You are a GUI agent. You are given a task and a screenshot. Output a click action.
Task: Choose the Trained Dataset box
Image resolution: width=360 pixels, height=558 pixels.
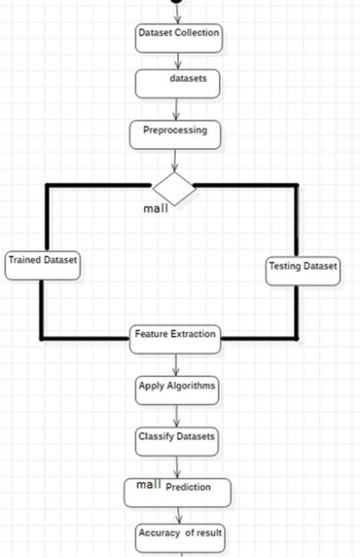(42, 264)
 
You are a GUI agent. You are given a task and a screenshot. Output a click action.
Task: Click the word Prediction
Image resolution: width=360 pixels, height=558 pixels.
(188, 488)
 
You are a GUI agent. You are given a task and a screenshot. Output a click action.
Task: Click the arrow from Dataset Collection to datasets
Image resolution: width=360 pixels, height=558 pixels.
(177, 58)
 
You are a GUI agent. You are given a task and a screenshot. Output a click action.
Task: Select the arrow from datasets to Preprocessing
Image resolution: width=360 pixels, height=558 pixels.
(176, 108)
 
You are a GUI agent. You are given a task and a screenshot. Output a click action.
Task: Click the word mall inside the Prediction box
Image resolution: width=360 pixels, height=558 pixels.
(148, 485)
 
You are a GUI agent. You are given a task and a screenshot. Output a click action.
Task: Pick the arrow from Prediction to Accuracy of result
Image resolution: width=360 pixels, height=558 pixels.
(176, 514)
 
